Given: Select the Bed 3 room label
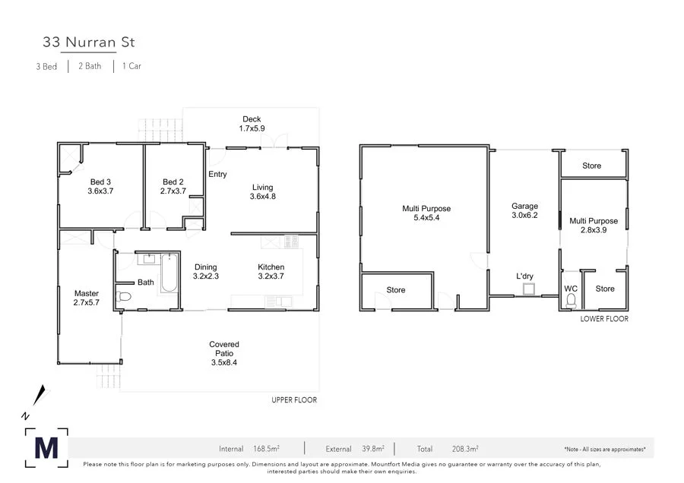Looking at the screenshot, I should pyautogui.click(x=100, y=187).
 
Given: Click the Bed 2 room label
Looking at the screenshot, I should pyautogui.click(x=173, y=187).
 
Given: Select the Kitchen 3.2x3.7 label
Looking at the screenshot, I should pyautogui.click(x=271, y=272).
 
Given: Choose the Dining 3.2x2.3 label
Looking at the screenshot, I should pyautogui.click(x=205, y=272).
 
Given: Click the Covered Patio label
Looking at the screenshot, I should pyautogui.click(x=223, y=353).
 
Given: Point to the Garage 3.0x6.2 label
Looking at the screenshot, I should pyautogui.click(x=524, y=210).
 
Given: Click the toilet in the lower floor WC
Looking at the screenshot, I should pyautogui.click(x=571, y=301).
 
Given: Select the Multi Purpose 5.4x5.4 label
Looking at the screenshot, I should pyautogui.click(x=426, y=213).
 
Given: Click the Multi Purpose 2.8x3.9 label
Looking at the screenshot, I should pyautogui.click(x=594, y=226).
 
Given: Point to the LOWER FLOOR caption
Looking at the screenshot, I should pyautogui.click(x=604, y=319).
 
